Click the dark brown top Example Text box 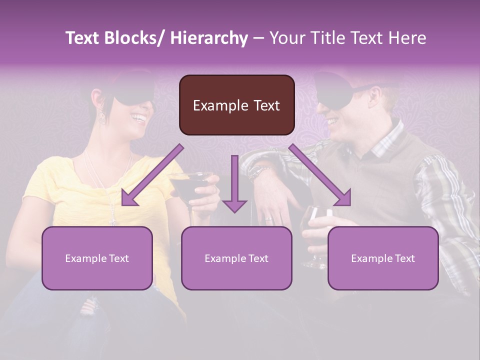click(x=236, y=105)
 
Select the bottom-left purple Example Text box click(x=97, y=258)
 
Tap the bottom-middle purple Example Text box click(x=236, y=258)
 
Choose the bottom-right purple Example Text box click(x=383, y=258)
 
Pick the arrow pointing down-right click(x=320, y=176)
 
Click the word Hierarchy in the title click(x=208, y=38)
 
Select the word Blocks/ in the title click(x=134, y=38)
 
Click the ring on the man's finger click(x=268, y=218)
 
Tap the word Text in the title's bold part click(x=82, y=38)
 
